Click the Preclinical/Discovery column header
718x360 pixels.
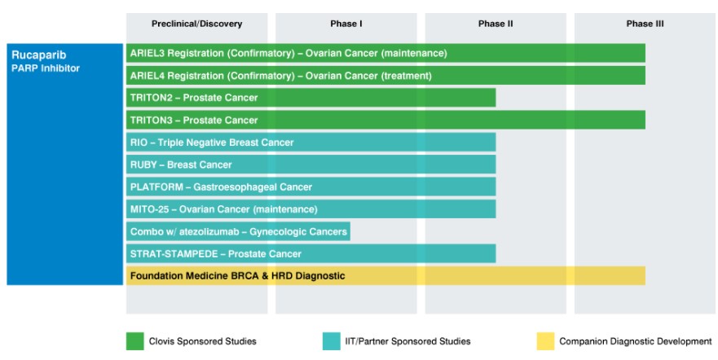tap(196, 24)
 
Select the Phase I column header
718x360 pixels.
tap(346, 24)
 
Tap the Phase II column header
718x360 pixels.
tap(496, 24)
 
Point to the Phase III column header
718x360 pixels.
tap(645, 24)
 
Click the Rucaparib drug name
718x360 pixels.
tap(33, 55)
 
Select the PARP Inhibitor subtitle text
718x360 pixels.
tap(46, 68)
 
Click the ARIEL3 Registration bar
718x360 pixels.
tap(385, 53)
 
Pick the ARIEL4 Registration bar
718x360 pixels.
tap(385, 76)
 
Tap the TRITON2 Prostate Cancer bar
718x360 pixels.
tap(311, 98)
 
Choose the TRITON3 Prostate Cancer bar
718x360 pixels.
tap(385, 120)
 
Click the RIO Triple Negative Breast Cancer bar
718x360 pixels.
tap(311, 143)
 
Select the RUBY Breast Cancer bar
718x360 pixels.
tap(311, 165)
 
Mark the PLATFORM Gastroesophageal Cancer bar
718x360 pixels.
tap(311, 187)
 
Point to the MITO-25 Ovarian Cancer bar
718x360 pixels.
tap(311, 209)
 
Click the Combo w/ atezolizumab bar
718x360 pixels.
tap(238, 231)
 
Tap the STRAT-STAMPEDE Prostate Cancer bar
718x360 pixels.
tap(311, 253)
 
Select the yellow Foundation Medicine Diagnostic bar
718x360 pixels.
tap(385, 276)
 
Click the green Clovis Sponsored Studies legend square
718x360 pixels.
tap(134, 341)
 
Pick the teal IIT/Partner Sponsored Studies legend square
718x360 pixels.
tap(332, 341)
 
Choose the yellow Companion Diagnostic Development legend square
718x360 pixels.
tap(544, 341)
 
